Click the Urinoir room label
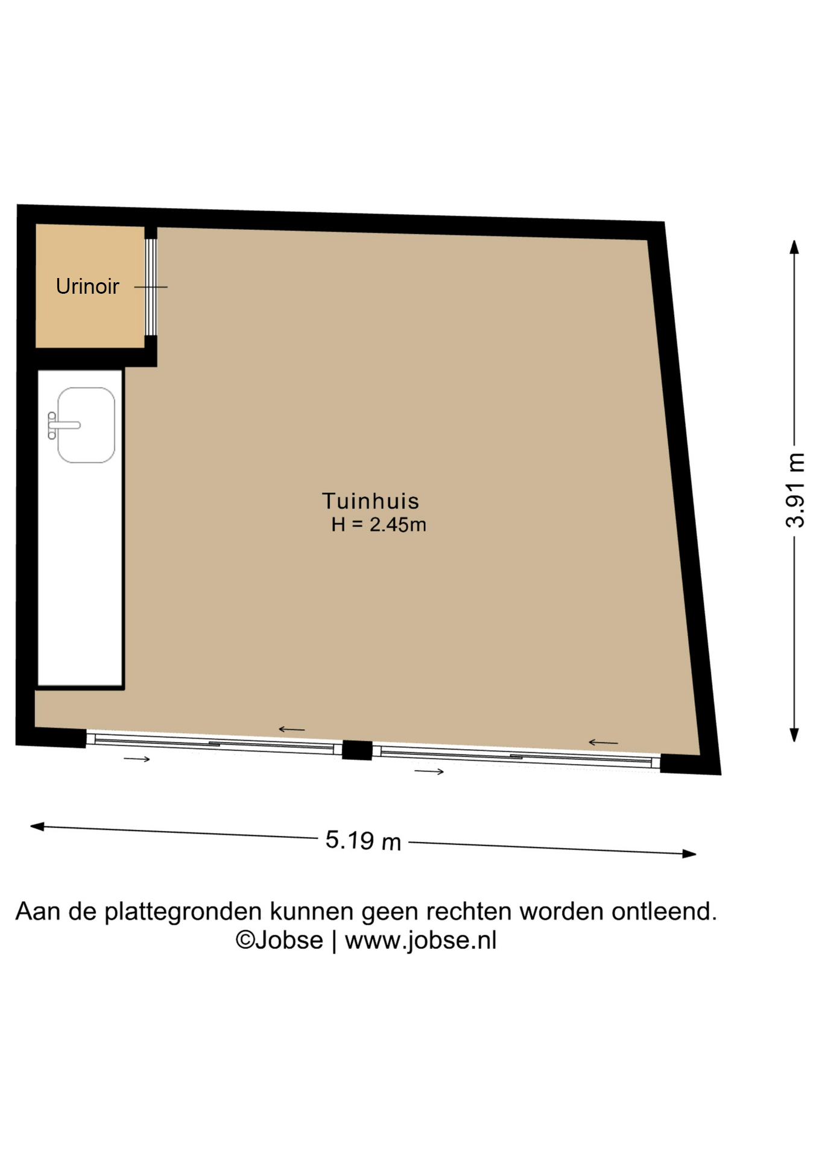click(87, 286)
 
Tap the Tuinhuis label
click(370, 501)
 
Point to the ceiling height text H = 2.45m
click(379, 525)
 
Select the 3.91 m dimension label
click(795, 490)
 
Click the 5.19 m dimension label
click(363, 840)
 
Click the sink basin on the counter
click(86, 425)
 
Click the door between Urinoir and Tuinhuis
click(151, 287)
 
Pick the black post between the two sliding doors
click(357, 750)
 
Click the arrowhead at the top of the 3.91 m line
click(795, 247)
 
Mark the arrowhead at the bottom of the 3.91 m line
click(795, 735)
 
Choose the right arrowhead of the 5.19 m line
click(689, 853)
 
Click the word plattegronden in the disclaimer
click(183, 912)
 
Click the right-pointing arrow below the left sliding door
click(137, 759)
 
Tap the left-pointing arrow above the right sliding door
click(603, 742)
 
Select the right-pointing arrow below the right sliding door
click(429, 771)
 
